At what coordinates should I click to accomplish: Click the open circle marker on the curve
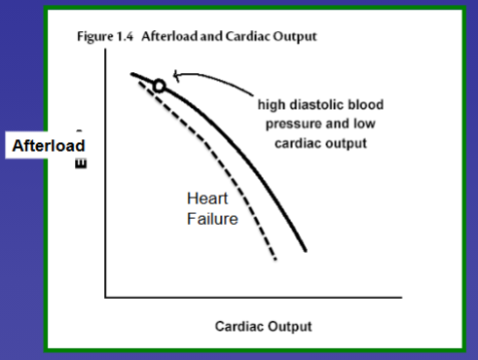(x=160, y=86)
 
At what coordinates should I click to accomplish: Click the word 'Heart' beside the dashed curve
(x=206, y=198)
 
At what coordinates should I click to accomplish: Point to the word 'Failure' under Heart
(x=212, y=219)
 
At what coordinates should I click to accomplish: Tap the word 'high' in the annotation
(x=273, y=105)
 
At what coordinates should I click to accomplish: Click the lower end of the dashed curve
(x=276, y=260)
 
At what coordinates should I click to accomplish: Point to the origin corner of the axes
(x=103, y=296)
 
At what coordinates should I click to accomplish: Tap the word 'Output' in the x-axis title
(x=291, y=325)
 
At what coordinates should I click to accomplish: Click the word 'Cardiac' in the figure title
(x=247, y=37)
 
